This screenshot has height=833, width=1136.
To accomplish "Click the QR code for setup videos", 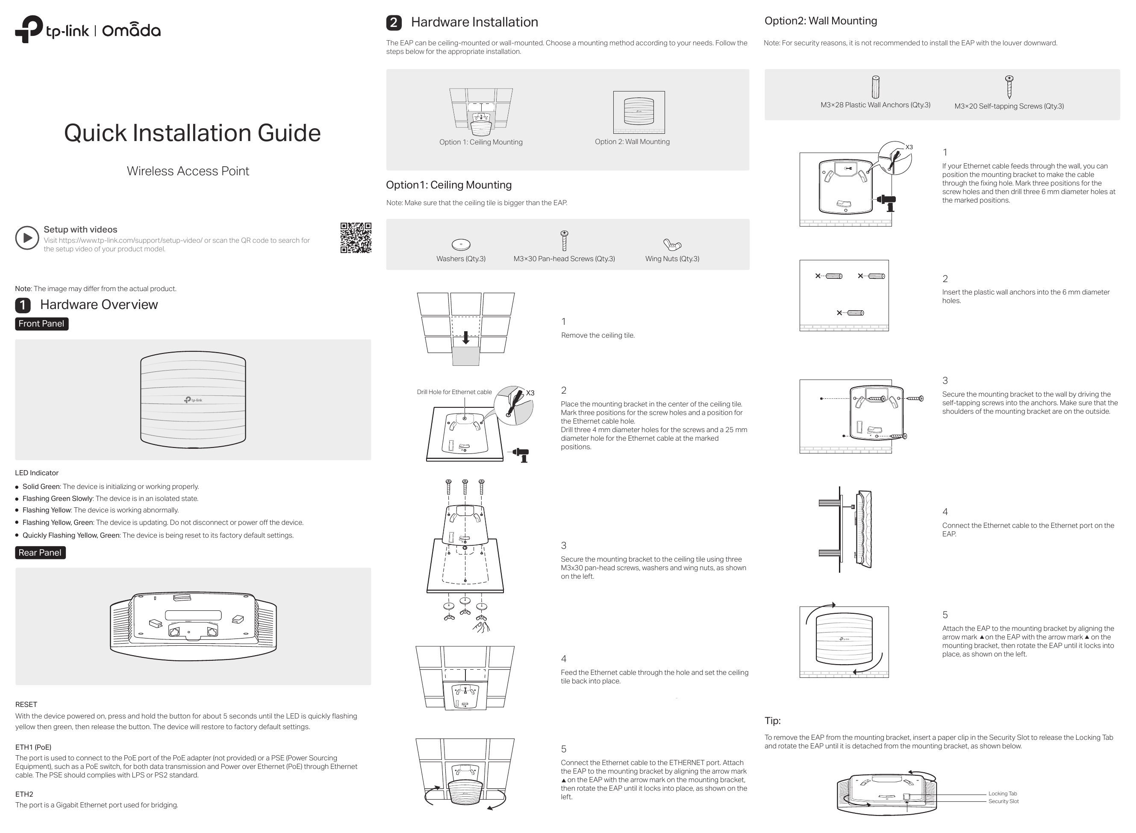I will pos(356,238).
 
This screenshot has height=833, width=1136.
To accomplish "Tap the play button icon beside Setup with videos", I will pos(27,238).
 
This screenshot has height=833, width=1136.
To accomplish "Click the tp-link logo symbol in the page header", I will pos(29,29).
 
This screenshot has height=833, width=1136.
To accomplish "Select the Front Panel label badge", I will pos(41,324).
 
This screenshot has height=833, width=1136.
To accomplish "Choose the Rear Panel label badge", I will pos(40,553).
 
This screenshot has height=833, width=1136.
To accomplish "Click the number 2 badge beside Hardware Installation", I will pos(394,23).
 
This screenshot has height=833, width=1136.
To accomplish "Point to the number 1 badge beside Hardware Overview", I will pos(23,305).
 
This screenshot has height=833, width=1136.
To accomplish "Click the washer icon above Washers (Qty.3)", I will pos(461,245).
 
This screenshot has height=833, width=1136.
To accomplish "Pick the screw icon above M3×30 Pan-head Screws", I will pos(564,241).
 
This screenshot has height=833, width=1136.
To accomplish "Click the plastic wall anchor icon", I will pos(875,87).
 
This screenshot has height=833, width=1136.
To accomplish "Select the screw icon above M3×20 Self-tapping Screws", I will pos(1009,87).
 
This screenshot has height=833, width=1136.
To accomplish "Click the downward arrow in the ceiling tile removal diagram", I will pos(466,337).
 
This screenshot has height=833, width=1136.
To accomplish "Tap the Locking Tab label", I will pos(1002,794).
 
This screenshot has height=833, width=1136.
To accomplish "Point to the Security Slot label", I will pos(1004,801).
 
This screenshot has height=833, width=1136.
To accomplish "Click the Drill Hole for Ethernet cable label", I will pos(454,392).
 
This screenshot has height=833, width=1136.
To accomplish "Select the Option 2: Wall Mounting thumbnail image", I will pos(639,112).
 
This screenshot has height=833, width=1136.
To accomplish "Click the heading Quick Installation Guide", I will pos(192,133).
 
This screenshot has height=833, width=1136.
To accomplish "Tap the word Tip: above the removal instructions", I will pos(772,721).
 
